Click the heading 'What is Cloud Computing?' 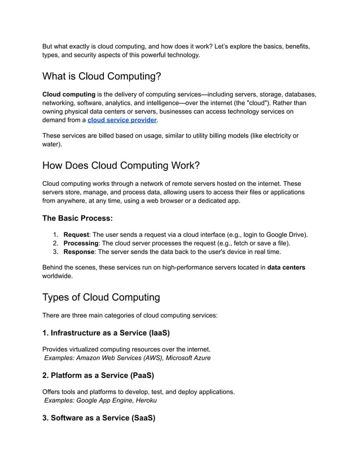click(x=102, y=76)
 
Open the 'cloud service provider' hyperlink click(x=122, y=120)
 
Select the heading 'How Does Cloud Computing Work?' click(x=121, y=165)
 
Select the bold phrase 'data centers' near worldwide click(x=286, y=267)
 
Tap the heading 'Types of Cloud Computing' click(x=102, y=297)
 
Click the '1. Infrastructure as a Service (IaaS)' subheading click(x=106, y=333)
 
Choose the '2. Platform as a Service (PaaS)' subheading click(x=98, y=375)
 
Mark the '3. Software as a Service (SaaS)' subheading click(x=99, y=418)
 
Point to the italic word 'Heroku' click(x=145, y=400)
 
